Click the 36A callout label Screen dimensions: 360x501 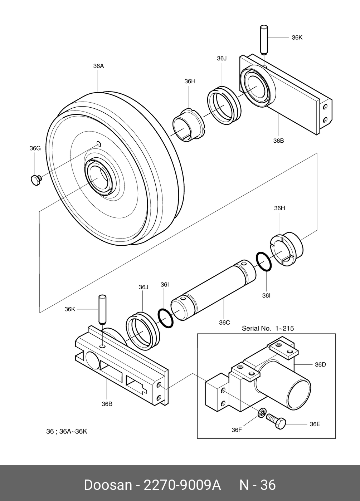(x=98, y=66)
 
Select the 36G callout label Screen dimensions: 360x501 (x=35, y=148)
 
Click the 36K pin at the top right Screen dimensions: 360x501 (x=264, y=40)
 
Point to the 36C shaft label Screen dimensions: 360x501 (x=224, y=323)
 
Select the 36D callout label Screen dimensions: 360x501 (x=320, y=364)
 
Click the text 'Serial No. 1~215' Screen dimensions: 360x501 (x=268, y=328)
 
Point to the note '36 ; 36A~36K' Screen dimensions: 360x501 (x=67, y=431)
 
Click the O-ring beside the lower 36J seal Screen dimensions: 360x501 (x=165, y=319)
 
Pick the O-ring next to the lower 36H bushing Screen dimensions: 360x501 (x=264, y=262)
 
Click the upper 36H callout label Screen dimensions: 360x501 (x=190, y=82)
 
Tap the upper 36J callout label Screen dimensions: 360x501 (x=222, y=58)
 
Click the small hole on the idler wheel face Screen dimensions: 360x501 (x=99, y=144)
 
